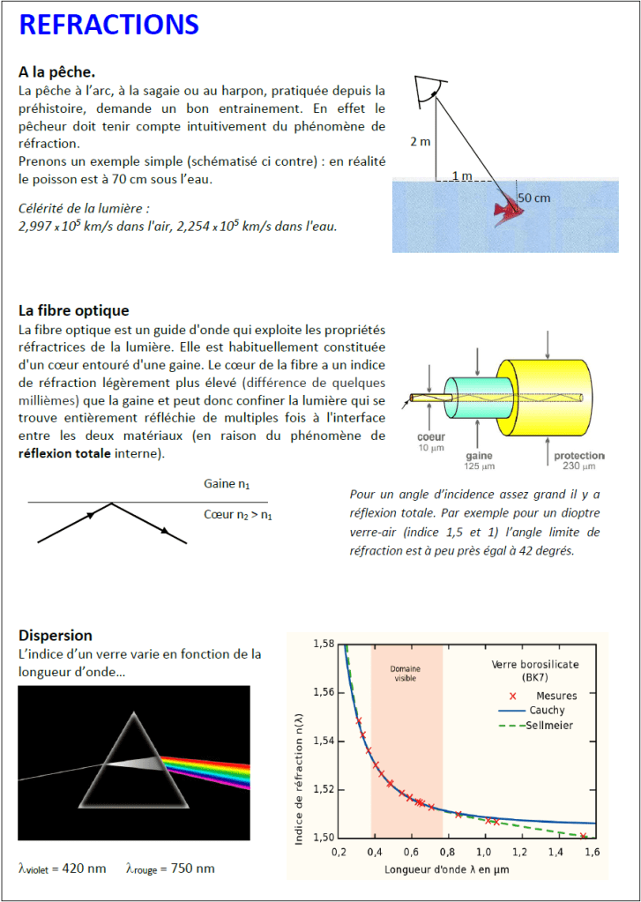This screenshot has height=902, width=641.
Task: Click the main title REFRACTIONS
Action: (108, 26)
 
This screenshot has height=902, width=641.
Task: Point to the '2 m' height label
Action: (421, 141)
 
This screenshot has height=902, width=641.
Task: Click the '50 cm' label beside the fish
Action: (533, 198)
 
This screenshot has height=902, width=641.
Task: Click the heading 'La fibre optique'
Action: (73, 310)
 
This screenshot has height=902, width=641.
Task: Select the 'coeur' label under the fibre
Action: (431, 437)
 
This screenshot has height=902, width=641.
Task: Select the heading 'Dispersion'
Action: (55, 635)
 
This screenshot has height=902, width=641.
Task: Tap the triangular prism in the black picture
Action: (133, 764)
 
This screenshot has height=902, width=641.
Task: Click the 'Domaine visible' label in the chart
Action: (405, 674)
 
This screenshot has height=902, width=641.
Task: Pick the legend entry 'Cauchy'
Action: (547, 710)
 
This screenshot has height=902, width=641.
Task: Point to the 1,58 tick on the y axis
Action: (324, 645)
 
